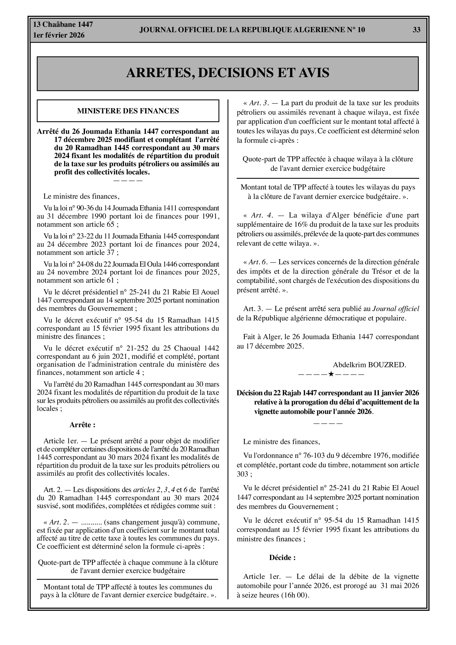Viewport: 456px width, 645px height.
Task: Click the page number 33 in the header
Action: point(416,30)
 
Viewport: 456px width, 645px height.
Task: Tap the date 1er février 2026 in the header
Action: point(59,35)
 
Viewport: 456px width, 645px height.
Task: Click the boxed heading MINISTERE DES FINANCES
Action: point(128,111)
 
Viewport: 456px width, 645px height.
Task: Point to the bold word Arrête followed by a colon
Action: point(82,425)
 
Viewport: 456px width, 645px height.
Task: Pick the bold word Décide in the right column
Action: point(282,558)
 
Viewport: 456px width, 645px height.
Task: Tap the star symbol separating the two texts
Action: point(331,374)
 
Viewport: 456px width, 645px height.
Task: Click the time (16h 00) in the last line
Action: point(295,595)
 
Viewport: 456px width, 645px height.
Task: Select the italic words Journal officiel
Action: point(395,309)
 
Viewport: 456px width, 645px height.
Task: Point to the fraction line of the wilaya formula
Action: point(328,178)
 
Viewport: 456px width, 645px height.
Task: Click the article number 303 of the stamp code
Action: point(242,474)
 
